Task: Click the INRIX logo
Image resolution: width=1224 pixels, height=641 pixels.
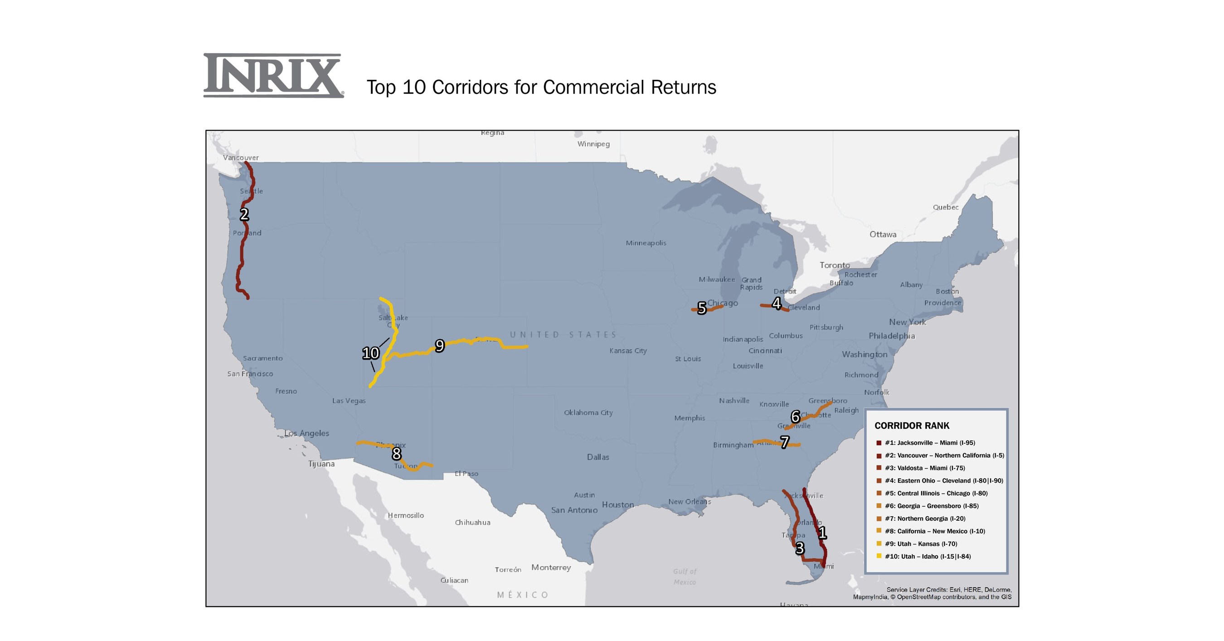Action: [x=273, y=76]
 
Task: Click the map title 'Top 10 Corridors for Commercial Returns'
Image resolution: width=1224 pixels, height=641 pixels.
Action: [x=541, y=88]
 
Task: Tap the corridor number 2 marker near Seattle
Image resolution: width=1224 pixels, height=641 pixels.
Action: [x=244, y=215]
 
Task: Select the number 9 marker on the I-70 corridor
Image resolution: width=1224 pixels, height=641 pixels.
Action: [x=440, y=346]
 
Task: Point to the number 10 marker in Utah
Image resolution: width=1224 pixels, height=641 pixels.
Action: [x=371, y=353]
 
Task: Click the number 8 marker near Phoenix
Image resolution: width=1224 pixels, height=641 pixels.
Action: [x=396, y=454]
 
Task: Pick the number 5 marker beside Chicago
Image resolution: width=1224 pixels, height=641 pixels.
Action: [x=702, y=308]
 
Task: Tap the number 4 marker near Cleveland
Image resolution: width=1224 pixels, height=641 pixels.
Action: [x=777, y=303]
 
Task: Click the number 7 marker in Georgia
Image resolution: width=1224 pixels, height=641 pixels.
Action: [x=785, y=442]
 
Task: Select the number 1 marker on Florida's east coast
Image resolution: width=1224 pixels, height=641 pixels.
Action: [x=822, y=533]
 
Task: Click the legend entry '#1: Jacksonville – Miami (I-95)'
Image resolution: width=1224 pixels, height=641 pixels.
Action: [x=929, y=443]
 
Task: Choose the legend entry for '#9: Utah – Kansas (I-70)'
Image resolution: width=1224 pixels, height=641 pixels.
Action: [x=921, y=543]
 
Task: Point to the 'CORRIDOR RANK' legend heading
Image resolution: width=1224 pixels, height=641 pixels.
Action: [x=912, y=426]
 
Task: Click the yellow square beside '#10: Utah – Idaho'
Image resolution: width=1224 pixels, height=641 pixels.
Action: [x=879, y=556]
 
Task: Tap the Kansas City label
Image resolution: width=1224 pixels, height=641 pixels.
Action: [x=628, y=351]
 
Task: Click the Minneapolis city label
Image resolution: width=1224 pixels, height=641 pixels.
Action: [x=646, y=243]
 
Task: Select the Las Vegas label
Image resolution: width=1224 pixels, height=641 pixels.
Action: [x=349, y=401]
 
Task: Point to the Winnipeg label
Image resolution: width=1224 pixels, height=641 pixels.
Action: [x=593, y=144]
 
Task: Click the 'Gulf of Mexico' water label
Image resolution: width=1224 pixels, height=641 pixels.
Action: [x=684, y=576]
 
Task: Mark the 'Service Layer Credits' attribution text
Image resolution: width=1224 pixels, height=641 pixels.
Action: [x=932, y=593]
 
